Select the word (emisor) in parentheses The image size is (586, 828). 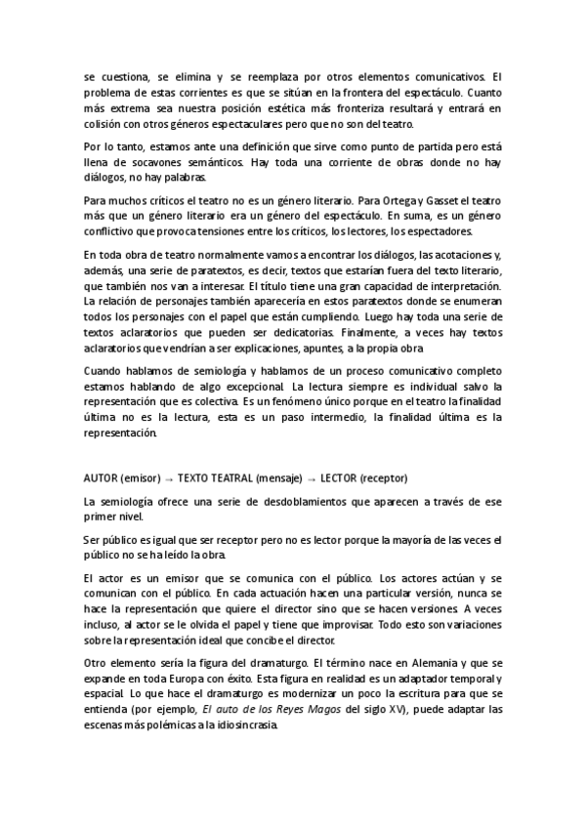145,478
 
